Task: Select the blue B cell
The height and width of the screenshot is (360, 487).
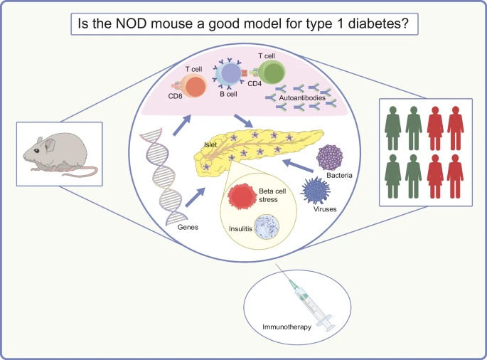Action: click(x=232, y=75)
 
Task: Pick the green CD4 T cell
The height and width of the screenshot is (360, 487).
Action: click(x=271, y=77)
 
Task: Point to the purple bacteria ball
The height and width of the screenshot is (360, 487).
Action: click(x=329, y=159)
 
